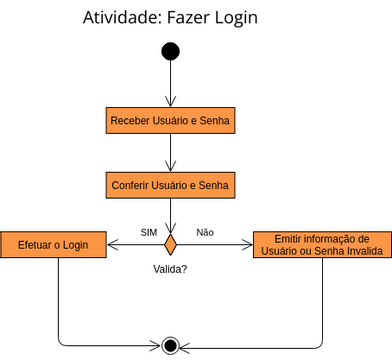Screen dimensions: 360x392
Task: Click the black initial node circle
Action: point(171,51)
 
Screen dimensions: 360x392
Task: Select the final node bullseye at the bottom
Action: point(171,346)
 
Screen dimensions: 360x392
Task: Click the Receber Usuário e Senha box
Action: point(171,120)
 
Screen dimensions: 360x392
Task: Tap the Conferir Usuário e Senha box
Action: point(171,185)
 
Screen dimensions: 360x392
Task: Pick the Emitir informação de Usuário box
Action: point(322,245)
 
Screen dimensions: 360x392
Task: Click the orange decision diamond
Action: point(171,244)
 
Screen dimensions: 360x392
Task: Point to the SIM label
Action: point(148,232)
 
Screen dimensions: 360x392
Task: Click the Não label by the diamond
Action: point(205,232)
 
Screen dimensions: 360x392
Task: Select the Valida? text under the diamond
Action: point(170,269)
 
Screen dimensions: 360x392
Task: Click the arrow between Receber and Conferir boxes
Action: point(171,152)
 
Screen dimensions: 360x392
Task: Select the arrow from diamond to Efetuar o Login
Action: point(135,244)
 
